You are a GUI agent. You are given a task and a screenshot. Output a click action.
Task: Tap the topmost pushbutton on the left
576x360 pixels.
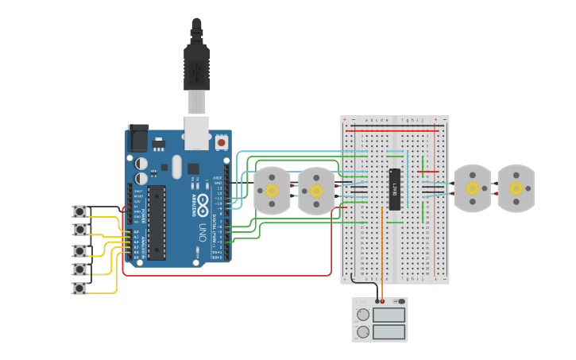pos(79,211)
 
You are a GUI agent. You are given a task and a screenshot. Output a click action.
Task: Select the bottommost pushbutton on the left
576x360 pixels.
pos(79,288)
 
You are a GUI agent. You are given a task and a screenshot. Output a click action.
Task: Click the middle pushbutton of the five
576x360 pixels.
pos(79,250)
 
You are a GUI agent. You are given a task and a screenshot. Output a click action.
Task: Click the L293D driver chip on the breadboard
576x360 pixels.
pos(394,189)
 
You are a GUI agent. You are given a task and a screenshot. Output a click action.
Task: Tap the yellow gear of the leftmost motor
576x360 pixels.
pos(272,191)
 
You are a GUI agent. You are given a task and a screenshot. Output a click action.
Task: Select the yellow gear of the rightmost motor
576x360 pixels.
pos(516,188)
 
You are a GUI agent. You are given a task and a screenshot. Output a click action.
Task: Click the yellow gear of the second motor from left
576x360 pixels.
pos(316,191)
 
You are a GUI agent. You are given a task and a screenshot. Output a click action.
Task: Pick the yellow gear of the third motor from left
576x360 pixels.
pos(472,188)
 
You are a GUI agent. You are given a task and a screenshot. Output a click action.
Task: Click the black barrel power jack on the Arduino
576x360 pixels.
pos(137,138)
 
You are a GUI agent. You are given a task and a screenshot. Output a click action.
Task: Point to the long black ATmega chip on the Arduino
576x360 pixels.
pos(157,223)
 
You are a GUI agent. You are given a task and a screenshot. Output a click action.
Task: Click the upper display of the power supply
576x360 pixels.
pos(389,314)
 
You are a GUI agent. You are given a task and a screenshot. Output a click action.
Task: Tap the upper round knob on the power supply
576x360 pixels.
pos(363,315)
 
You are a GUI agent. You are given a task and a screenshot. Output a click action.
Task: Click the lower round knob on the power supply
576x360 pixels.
pos(363,331)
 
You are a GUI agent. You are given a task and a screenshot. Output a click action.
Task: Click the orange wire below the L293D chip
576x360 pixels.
pos(382,254)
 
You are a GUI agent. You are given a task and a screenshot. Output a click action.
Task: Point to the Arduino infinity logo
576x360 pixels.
pos(202,199)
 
